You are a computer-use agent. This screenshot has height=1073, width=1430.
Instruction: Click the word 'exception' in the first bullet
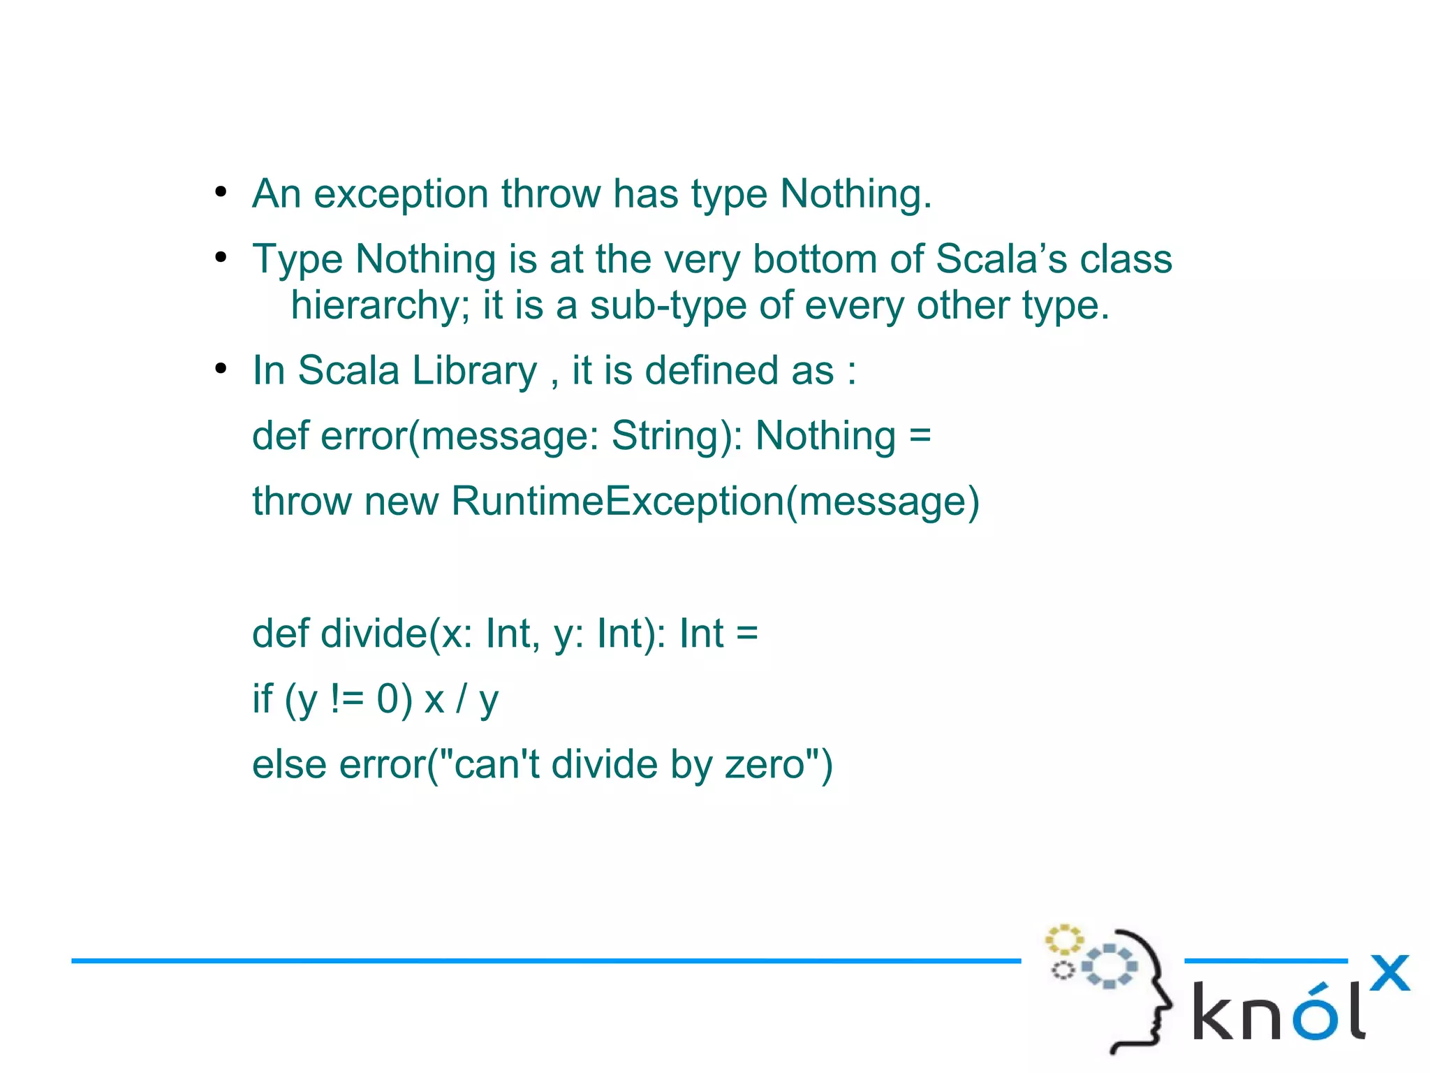pos(401,194)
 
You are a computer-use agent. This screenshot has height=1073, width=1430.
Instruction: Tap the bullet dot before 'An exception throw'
pos(221,192)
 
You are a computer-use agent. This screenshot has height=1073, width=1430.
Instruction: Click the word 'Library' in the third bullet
pos(474,370)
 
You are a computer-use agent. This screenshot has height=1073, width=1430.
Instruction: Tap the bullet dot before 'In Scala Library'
pos(221,369)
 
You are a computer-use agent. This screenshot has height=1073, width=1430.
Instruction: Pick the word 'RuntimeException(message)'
pos(715,502)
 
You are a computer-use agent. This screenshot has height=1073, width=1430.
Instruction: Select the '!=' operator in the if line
pos(347,699)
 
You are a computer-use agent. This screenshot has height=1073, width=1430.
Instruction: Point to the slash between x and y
pos(461,699)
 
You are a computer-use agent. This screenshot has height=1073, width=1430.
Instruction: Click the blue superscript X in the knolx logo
pos(1390,973)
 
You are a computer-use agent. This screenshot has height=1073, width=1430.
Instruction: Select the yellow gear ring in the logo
pos(1063,940)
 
